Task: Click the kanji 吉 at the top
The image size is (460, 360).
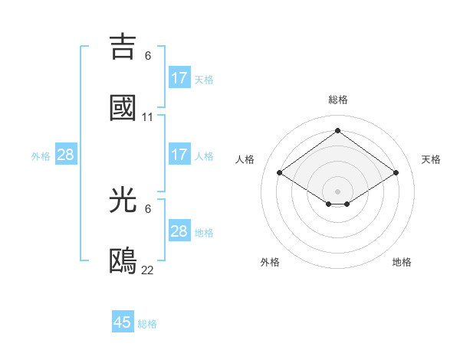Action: (123, 46)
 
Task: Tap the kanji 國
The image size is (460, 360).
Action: (123, 107)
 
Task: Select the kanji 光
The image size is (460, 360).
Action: (123, 199)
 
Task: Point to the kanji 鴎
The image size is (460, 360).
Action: (123, 260)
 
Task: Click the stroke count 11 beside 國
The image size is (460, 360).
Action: (148, 117)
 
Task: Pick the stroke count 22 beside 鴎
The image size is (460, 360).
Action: (148, 270)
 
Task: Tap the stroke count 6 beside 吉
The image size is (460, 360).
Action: (148, 55)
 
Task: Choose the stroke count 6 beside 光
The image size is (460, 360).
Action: (148, 208)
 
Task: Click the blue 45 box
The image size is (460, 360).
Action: (123, 322)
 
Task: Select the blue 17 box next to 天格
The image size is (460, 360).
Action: (179, 78)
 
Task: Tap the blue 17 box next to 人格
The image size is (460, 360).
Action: (179, 155)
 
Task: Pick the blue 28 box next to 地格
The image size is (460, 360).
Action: (179, 231)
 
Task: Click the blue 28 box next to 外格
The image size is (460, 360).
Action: (66, 155)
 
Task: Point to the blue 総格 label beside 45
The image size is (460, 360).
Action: (147, 324)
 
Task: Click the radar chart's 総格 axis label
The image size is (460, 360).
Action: (338, 100)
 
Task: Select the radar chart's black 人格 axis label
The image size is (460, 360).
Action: (245, 159)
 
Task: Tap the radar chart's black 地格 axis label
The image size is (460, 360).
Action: (402, 262)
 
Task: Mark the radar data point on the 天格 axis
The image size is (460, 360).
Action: (396, 173)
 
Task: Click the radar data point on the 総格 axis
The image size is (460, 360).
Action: (337, 131)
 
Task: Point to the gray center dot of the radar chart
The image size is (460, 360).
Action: (337, 191)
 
